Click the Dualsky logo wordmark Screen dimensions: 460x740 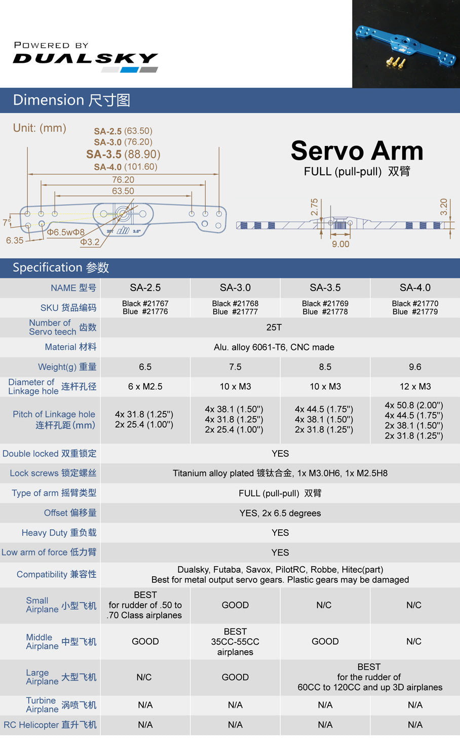85,58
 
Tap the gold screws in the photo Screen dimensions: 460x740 396,62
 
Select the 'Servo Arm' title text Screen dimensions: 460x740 357,151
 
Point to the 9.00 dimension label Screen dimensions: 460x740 340,244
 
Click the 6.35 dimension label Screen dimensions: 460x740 15,240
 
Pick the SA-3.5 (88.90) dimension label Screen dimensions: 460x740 123,154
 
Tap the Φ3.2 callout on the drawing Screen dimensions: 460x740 90,242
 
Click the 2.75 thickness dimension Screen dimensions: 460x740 315,207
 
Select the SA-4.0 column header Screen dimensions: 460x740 415,288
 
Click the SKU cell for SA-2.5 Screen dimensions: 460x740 145,308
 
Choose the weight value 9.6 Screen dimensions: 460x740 415,367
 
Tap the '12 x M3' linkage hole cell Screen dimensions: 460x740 415,387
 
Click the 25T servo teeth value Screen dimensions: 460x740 274,327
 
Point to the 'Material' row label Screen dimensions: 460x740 70,347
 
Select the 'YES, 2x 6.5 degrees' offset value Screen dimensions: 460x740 280,513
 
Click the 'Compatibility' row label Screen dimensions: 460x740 56,574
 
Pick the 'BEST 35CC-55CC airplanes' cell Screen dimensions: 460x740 235,642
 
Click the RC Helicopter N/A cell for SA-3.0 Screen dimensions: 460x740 235,725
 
